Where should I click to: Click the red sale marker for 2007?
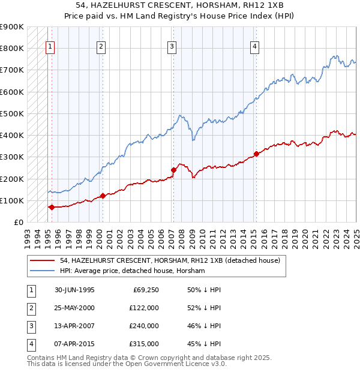[173, 170]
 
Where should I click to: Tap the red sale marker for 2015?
[256, 154]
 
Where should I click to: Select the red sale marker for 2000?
[103, 196]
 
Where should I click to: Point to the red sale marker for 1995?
[52, 207]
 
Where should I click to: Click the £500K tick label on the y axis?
[12, 113]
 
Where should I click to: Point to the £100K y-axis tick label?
[12, 200]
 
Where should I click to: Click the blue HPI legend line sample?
[43, 271]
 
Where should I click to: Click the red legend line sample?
[43, 261]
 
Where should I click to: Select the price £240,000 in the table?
[144, 326]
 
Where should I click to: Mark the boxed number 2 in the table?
[30, 308]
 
